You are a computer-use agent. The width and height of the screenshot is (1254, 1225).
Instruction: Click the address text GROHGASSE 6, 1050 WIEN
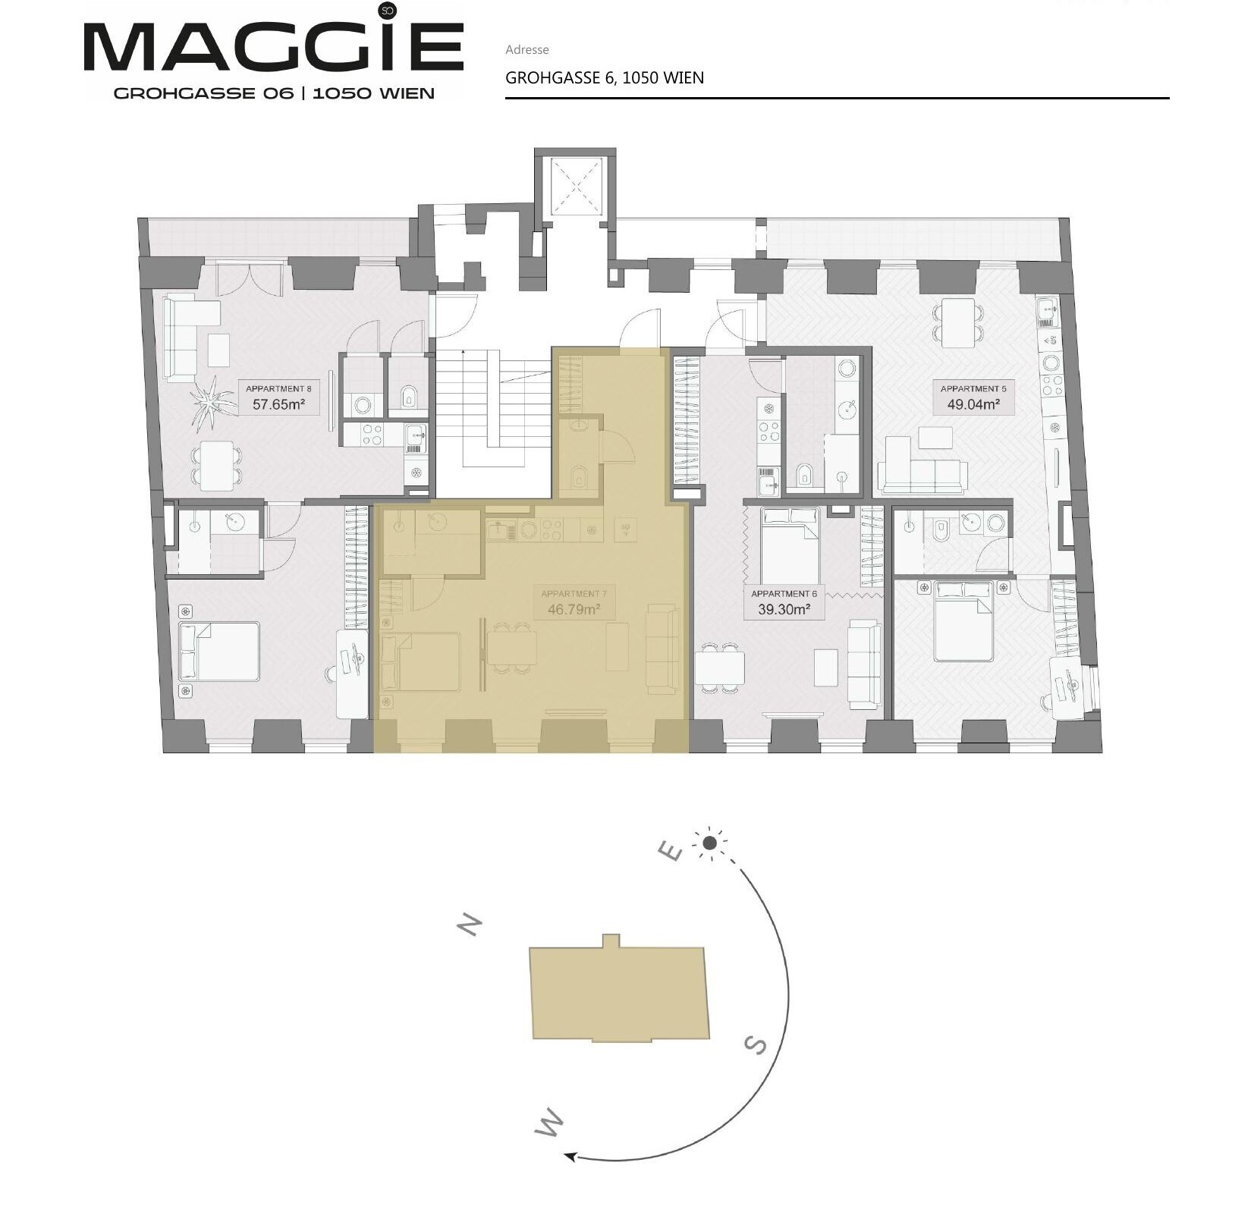pos(605,77)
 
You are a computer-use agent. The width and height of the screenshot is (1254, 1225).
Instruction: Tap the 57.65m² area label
pos(278,404)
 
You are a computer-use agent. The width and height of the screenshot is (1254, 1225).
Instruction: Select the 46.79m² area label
pos(574,609)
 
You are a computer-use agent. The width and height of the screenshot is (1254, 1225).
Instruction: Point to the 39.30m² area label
pos(784,609)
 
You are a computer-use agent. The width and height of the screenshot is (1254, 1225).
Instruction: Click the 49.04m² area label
pos(973,404)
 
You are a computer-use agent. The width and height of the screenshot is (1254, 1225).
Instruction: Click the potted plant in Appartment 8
pos(212,401)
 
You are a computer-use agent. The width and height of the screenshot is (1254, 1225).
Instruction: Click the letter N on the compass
pos(470,925)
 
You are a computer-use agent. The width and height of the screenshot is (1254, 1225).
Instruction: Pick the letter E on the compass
pos(670,851)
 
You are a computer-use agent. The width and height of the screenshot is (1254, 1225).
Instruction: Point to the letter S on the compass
pos(756,1045)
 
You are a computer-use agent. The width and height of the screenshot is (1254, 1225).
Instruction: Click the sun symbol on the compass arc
pos(709,843)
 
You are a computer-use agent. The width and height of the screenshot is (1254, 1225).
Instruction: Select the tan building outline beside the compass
pos(619,991)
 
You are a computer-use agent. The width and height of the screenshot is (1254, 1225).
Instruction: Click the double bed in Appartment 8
pos(218,651)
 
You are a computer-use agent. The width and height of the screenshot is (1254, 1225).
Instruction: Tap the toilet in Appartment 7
pos(579,476)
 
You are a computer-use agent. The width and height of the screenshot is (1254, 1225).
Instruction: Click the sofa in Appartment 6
pos(864,654)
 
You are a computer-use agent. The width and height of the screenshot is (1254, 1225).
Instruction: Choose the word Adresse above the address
pos(526,49)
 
